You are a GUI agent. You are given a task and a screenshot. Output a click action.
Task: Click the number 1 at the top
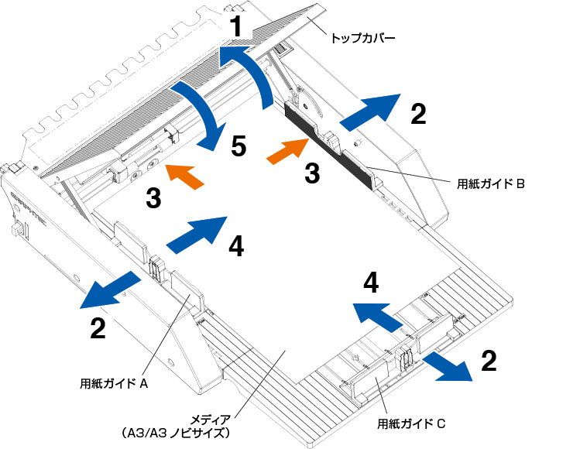[239, 29]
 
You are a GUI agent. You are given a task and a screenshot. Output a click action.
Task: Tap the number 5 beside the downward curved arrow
[238, 145]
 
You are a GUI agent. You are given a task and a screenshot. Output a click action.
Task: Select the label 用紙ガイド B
[490, 183]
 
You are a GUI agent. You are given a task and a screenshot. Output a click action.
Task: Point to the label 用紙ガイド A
[114, 382]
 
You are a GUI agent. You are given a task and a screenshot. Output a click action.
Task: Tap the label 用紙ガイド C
[410, 423]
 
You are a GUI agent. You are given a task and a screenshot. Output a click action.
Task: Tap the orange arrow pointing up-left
[186, 177]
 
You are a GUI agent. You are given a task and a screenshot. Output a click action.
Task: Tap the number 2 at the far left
[98, 329]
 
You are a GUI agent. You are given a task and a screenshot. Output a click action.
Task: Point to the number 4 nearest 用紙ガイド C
[372, 283]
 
